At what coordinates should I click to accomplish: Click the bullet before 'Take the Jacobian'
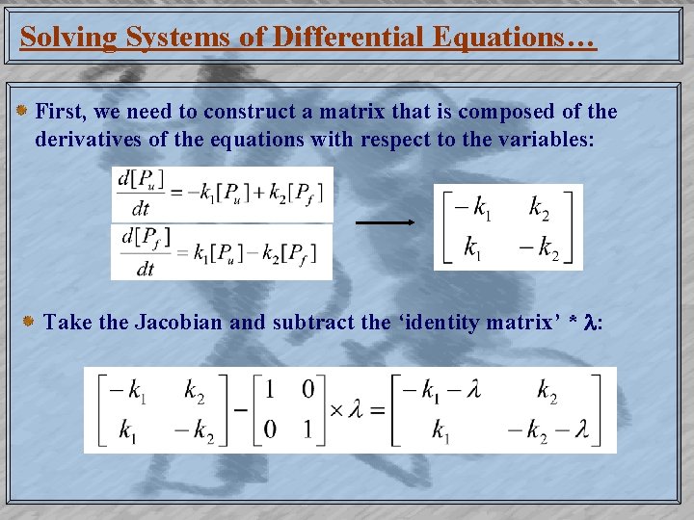pos(30,321)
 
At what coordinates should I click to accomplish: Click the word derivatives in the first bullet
pos(86,139)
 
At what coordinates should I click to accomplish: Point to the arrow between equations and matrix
pos(385,222)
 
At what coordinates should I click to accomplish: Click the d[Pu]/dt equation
pos(222,193)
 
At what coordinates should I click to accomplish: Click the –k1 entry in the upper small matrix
pos(469,206)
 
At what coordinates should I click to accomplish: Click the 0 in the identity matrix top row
pos(307,389)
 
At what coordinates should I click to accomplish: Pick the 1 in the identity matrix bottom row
pos(307,429)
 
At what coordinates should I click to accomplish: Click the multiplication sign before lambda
pos(336,409)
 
